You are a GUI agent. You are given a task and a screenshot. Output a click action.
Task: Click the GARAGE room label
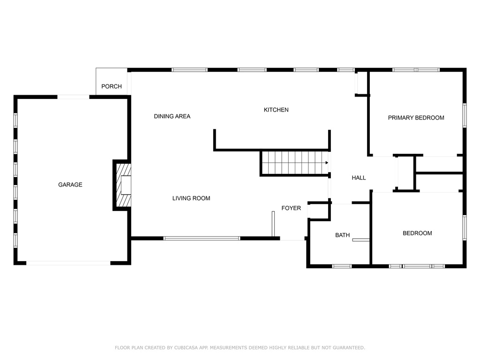(x=70, y=185)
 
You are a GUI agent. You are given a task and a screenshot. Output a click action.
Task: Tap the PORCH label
(x=112, y=86)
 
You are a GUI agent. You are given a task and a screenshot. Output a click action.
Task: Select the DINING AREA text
(x=172, y=116)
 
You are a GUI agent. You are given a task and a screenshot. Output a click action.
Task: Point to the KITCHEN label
(x=276, y=110)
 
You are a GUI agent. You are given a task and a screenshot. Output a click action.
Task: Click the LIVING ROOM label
(x=191, y=198)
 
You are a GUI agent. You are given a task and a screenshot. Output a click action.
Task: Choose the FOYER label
(x=291, y=208)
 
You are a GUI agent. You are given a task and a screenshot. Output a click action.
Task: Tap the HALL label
(x=359, y=178)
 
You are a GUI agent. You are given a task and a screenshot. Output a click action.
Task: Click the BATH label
(x=342, y=235)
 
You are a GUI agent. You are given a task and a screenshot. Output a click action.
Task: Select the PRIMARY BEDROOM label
(x=416, y=118)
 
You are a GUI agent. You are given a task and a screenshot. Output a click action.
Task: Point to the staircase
(x=295, y=163)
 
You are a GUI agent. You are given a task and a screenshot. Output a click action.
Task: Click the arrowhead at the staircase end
(x=327, y=163)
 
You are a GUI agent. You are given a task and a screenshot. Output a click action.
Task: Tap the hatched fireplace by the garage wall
(x=124, y=185)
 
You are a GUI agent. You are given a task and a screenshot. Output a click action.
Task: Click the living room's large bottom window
(x=202, y=238)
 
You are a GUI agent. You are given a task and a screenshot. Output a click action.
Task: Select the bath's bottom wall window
(x=342, y=266)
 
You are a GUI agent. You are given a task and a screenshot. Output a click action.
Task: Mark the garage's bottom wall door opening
(x=68, y=263)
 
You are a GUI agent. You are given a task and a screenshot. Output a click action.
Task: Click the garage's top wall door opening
(x=74, y=97)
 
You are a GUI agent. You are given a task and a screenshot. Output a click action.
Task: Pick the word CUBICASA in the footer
(x=186, y=348)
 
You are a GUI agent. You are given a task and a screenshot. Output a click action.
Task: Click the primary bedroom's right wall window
(x=465, y=115)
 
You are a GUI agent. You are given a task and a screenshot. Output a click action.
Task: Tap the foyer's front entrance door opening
(x=292, y=239)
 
